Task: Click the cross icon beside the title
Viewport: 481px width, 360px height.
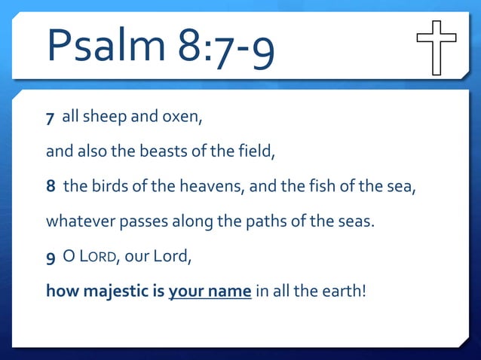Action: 437,47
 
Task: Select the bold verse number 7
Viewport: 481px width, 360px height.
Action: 51,119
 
